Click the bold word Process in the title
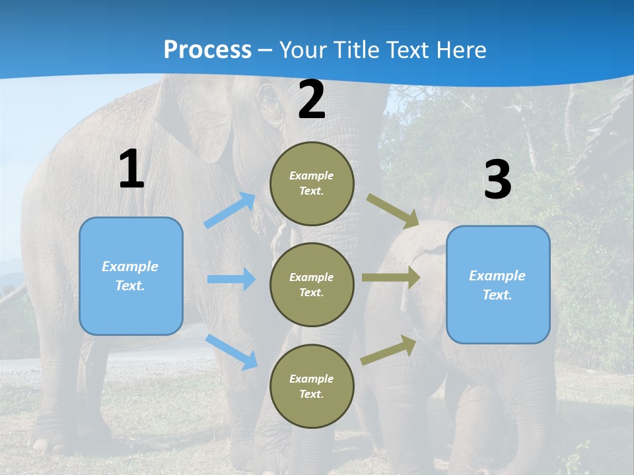[x=207, y=49]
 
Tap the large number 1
[x=131, y=170]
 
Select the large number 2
[x=312, y=100]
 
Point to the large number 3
[x=497, y=180]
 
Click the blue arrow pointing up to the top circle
[x=230, y=210]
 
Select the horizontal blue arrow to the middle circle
[x=231, y=279]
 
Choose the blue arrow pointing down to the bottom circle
[x=232, y=352]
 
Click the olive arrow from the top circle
[x=392, y=211]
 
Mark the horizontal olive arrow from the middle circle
[x=391, y=277]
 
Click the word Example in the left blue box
[x=130, y=267]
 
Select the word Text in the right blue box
[x=497, y=295]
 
